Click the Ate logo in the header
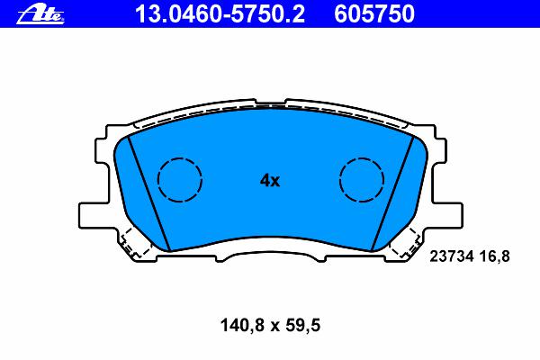point(40,14)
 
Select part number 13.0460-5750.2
point(220,14)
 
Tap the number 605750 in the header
point(374,14)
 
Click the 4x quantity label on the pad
point(270,180)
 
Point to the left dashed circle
point(158,179)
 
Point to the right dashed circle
point(339,179)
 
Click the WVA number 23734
point(452,256)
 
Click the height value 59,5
point(304,326)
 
